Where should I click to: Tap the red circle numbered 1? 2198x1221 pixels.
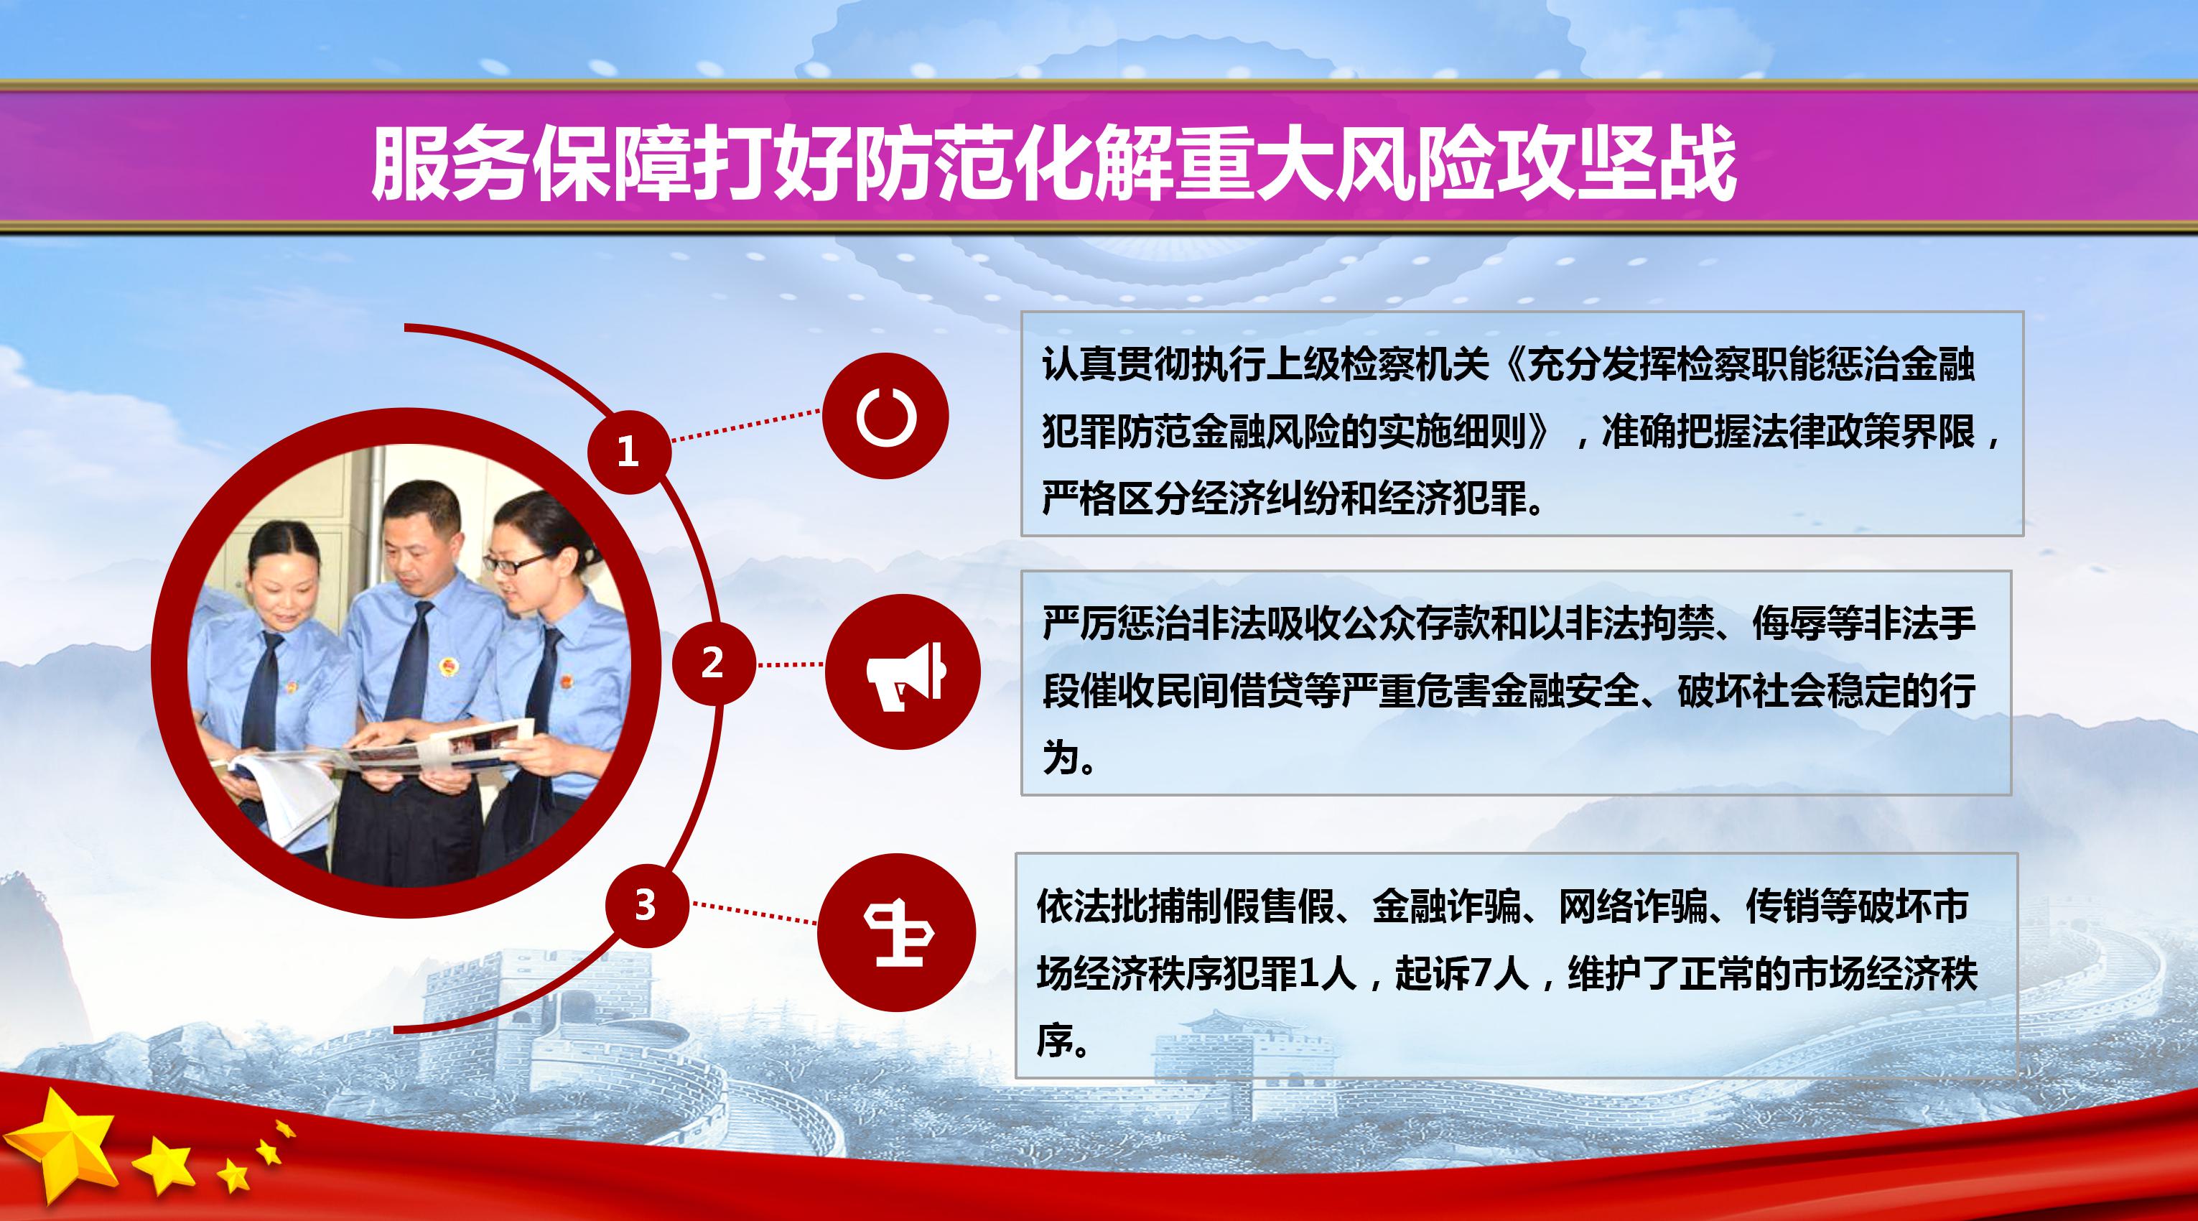[628, 451]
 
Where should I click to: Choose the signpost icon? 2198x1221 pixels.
[898, 934]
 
